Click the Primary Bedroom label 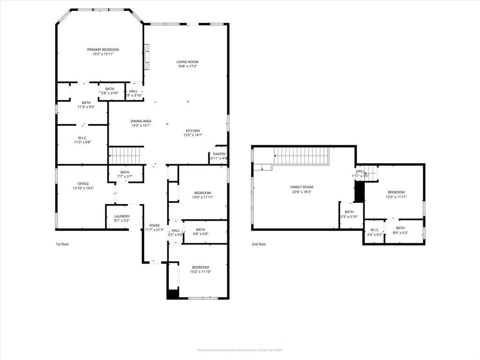103,50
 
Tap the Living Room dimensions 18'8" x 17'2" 187,67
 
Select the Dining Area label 141,121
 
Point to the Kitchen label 193,131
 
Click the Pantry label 219,154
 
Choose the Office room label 83,184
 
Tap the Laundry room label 122,217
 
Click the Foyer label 154,225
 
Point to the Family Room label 301,187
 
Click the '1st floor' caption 62,244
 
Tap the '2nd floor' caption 259,244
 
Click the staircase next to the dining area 125,155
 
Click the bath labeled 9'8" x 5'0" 201,232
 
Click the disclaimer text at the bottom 240,350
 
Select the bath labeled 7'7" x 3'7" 125,174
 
